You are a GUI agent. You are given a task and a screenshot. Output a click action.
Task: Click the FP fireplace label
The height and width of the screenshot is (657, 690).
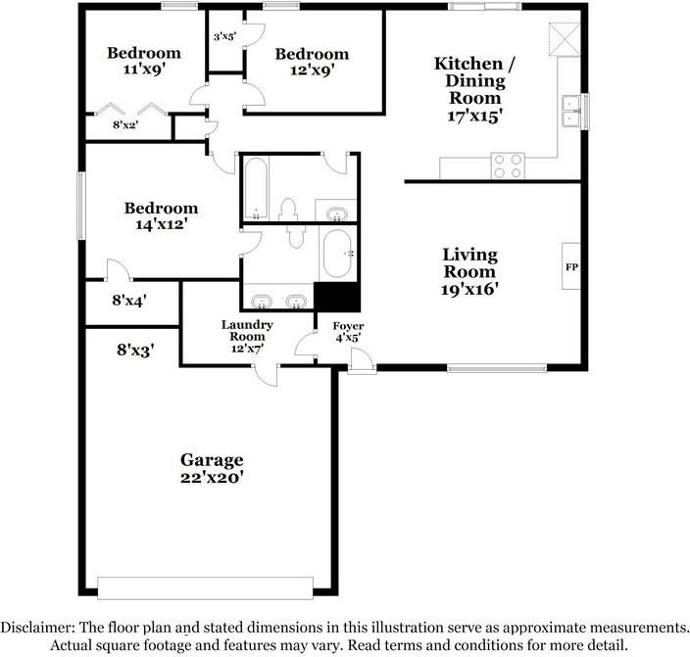tap(571, 267)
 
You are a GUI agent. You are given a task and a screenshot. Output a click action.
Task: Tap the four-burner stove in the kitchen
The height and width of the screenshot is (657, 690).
tap(508, 165)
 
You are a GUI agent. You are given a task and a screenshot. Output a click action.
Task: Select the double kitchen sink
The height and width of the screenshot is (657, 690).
tap(571, 111)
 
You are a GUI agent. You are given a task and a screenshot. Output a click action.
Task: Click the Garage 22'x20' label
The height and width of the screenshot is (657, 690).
tap(212, 468)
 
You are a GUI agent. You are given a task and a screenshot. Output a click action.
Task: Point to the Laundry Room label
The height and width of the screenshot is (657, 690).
tap(247, 337)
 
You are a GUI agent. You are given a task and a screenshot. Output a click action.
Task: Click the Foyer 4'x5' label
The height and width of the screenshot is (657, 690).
tap(348, 332)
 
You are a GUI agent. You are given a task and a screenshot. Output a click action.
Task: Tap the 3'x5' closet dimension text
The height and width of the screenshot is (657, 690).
tap(224, 36)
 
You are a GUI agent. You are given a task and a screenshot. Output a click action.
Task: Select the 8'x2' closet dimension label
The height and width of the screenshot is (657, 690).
tap(125, 125)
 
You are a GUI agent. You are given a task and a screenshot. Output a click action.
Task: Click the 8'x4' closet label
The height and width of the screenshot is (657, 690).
tap(129, 301)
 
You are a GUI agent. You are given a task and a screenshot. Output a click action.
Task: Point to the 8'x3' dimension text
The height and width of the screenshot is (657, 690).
tap(135, 351)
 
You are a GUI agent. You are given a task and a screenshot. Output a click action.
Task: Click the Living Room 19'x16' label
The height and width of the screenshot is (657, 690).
tap(469, 271)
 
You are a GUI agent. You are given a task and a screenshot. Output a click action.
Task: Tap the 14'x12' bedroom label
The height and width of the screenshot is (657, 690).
tap(161, 216)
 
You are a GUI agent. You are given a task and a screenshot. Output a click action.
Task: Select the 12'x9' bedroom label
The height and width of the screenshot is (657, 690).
tap(312, 62)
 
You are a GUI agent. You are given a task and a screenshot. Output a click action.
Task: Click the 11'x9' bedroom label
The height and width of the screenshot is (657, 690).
tap(144, 61)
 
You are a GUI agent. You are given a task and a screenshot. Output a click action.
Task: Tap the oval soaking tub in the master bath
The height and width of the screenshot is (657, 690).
tap(337, 254)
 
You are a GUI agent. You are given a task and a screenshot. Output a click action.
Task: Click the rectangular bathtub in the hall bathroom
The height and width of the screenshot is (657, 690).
tap(256, 188)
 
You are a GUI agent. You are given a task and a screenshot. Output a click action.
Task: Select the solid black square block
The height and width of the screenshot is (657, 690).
tap(336, 297)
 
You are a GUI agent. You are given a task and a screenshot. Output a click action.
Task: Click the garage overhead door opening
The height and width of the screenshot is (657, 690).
tap(205, 587)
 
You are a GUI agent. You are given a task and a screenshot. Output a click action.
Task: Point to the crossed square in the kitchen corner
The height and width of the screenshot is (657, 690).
tap(565, 39)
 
